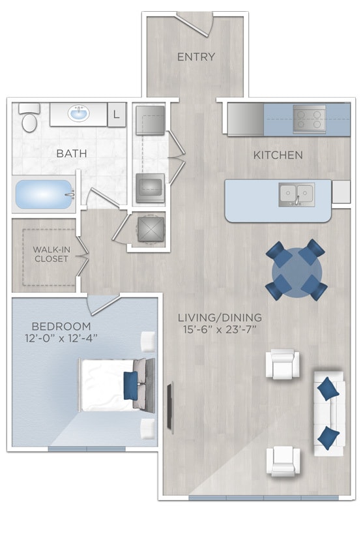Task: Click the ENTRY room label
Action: (196, 57)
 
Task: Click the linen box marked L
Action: (116, 115)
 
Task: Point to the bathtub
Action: (42, 194)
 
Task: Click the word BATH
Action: (72, 155)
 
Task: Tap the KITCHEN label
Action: (278, 155)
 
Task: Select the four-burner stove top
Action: (309, 119)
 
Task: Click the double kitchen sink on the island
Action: (296, 194)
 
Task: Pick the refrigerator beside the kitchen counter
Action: (245, 119)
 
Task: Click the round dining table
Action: (296, 270)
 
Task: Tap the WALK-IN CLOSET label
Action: (50, 254)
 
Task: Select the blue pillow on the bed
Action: (130, 385)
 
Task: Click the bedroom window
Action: (86, 449)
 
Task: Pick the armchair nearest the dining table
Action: (284, 364)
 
